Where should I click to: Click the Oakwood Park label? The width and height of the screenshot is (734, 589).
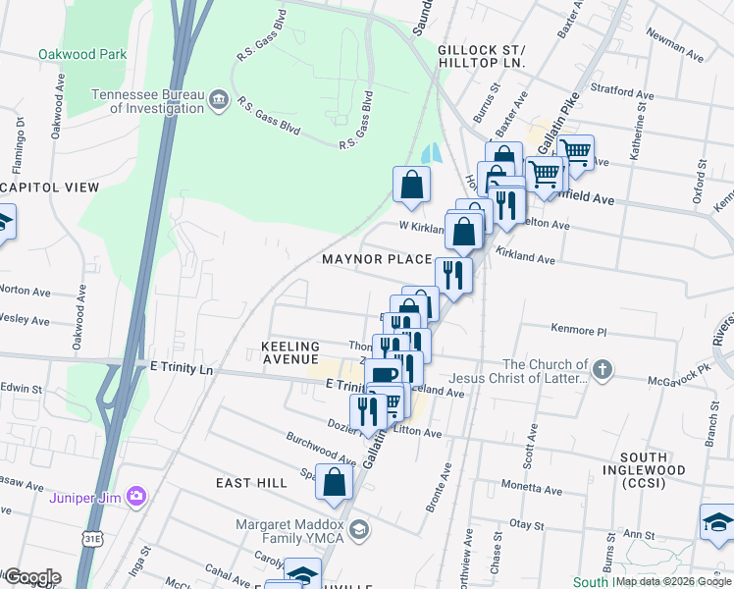pyautogui.click(x=82, y=55)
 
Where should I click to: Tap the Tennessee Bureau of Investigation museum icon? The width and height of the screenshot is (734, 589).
pyautogui.click(x=219, y=98)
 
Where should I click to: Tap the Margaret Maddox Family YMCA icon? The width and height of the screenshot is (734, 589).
pyautogui.click(x=359, y=530)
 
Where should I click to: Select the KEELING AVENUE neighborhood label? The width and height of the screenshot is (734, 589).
pyautogui.click(x=290, y=353)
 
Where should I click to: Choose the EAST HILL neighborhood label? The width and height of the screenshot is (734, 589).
pyautogui.click(x=252, y=483)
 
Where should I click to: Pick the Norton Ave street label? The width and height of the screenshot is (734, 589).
pyautogui.click(x=26, y=292)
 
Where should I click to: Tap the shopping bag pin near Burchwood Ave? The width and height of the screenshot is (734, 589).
pyautogui.click(x=335, y=483)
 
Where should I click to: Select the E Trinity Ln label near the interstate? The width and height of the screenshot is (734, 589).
pyautogui.click(x=181, y=366)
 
